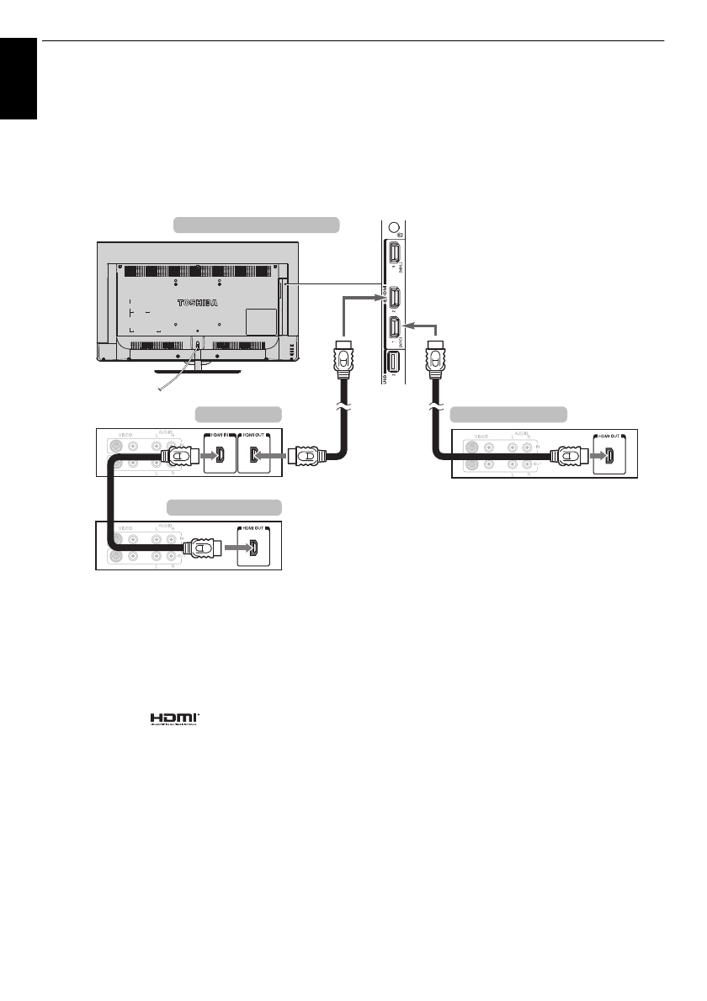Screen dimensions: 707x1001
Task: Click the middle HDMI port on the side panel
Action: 393,297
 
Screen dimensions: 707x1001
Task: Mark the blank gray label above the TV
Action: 256,224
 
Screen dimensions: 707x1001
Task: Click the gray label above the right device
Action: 509,414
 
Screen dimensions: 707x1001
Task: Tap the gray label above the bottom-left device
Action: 223,506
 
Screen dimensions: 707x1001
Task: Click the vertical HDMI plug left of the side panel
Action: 343,357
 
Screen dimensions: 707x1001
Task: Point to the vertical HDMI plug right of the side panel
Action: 437,357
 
